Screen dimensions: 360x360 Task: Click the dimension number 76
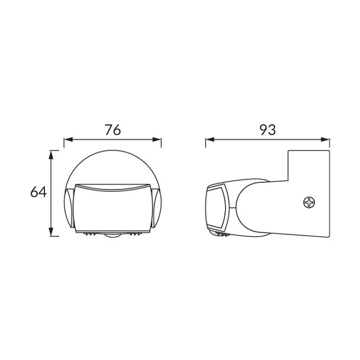point(112,130)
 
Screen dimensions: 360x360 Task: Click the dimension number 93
point(268,130)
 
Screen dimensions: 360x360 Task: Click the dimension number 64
point(38,192)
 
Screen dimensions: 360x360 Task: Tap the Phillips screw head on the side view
point(309,202)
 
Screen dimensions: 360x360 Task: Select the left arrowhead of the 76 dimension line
point(69,139)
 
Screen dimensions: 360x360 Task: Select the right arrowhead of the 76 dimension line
point(157,139)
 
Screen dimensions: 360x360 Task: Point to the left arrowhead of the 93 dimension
point(210,139)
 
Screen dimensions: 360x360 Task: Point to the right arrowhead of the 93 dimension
point(325,139)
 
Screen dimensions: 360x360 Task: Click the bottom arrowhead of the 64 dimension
point(51,232)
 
